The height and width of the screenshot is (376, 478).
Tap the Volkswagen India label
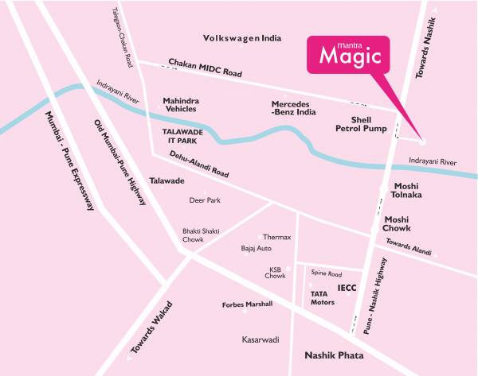[242, 38]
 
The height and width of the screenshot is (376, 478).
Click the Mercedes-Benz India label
[295, 109]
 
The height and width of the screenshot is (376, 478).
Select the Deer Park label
[204, 201]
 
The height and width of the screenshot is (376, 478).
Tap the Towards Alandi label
[408, 245]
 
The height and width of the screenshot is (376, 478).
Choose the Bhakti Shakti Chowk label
[198, 235]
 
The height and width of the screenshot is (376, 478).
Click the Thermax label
[277, 238]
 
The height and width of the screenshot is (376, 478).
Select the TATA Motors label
[322, 298]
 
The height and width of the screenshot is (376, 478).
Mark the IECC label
[346, 286]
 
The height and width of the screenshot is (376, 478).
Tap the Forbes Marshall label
[247, 304]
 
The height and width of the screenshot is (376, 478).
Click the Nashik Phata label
[335, 355]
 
